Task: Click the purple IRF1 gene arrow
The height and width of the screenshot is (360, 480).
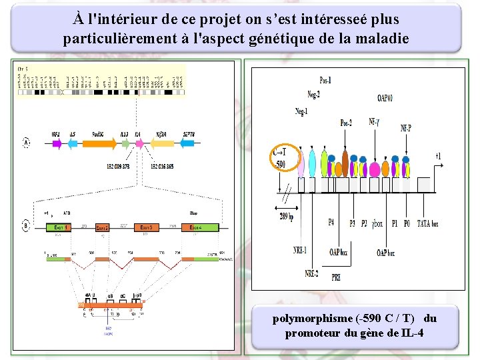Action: pyautogui.click(x=56, y=143)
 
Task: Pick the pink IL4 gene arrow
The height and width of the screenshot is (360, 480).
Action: pyautogui.click(x=138, y=143)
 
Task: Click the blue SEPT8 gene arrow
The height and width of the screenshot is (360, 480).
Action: pyautogui.click(x=189, y=143)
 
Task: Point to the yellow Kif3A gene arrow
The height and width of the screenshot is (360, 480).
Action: pyautogui.click(x=161, y=143)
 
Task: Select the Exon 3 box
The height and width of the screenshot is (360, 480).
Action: pyautogui.click(x=147, y=228)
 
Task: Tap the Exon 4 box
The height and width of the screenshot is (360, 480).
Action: pyautogui.click(x=194, y=228)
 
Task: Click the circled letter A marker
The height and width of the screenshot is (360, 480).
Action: pyautogui.click(x=26, y=143)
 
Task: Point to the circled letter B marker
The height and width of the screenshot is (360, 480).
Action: pyautogui.click(x=26, y=226)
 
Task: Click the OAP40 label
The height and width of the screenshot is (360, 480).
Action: pyautogui.click(x=385, y=99)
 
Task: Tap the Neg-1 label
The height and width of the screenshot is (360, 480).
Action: pyautogui.click(x=301, y=111)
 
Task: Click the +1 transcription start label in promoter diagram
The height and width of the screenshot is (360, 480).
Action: pyautogui.click(x=437, y=156)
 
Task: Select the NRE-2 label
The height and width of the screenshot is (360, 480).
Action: pyautogui.click(x=311, y=273)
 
